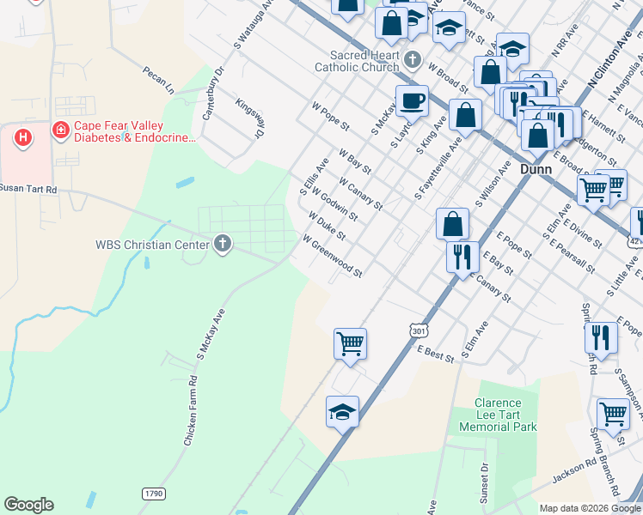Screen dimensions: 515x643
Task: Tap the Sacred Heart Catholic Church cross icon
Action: coord(413,60)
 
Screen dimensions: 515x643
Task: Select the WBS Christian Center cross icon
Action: coord(223,245)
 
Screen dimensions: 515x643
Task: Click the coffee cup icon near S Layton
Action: coord(412,100)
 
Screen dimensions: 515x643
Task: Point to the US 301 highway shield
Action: coord(419,330)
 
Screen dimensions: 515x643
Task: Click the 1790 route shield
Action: coord(152,494)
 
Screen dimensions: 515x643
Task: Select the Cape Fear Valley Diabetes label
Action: coord(125,130)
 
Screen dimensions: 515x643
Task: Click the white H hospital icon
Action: coord(23,136)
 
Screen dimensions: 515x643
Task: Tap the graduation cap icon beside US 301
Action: coord(342,412)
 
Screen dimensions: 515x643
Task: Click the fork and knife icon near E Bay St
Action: coord(462,255)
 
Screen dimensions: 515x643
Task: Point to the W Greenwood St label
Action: coord(332,257)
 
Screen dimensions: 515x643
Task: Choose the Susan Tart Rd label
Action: coord(28,189)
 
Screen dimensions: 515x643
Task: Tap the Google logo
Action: coord(28,505)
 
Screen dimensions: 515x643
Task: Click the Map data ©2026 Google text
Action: coord(588,508)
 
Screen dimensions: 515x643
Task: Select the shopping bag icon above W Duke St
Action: coord(451,224)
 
